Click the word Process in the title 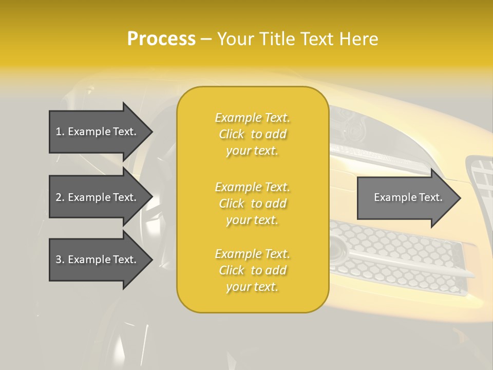(161, 39)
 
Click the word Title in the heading (277, 39)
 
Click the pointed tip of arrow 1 (151, 132)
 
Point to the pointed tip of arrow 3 (151, 260)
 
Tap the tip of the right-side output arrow (459, 198)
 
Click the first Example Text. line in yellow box (252, 118)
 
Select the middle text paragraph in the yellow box (252, 203)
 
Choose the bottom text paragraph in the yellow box (252, 270)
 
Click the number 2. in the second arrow (60, 197)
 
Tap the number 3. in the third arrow (60, 260)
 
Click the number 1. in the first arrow (60, 132)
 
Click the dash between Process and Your (206, 39)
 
